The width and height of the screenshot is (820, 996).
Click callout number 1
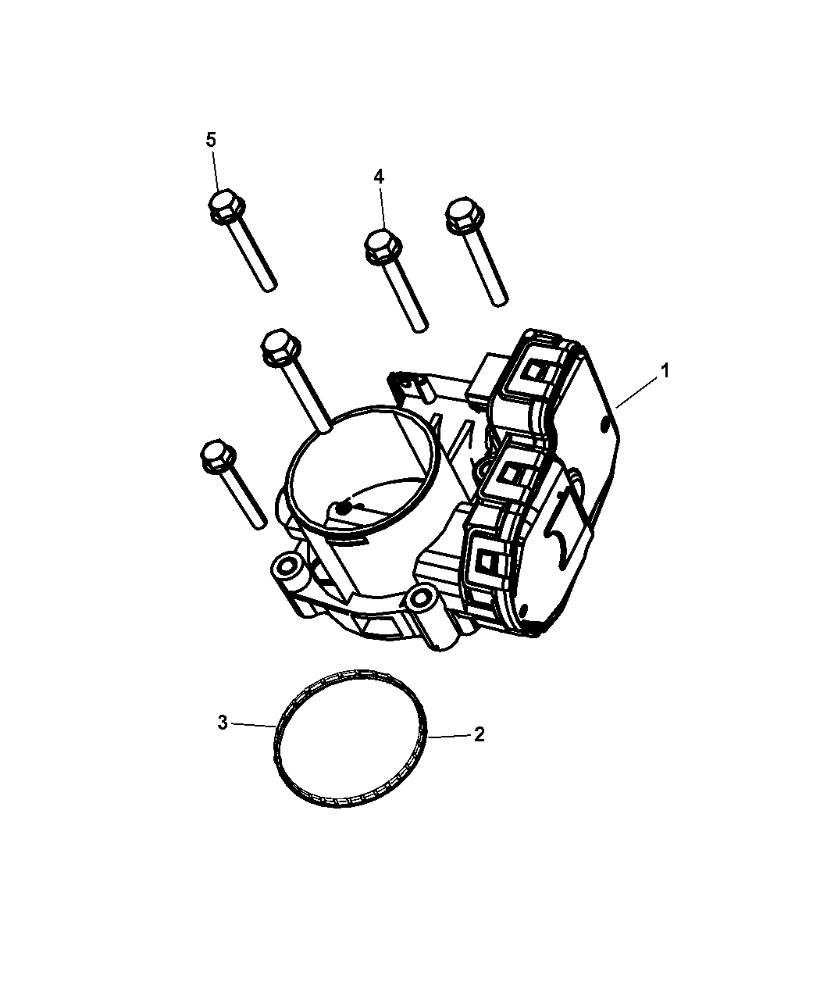(664, 370)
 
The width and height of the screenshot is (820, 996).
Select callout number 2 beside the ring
(479, 748)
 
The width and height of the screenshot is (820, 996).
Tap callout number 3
(223, 736)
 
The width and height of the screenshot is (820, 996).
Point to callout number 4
(379, 177)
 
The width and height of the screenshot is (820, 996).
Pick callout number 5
(211, 140)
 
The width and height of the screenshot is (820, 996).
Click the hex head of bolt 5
(226, 206)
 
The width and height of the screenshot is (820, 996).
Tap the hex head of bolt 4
(383, 246)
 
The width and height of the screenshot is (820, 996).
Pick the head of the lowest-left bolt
(218, 457)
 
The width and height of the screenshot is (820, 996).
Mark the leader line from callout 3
(255, 738)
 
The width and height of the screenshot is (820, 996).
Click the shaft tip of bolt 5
(270, 287)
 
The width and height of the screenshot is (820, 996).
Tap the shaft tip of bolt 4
(420, 327)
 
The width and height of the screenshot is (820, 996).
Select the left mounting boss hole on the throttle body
(287, 566)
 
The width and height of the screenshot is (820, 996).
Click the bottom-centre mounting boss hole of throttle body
(420, 596)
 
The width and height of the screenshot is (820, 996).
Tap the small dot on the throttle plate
(343, 508)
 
